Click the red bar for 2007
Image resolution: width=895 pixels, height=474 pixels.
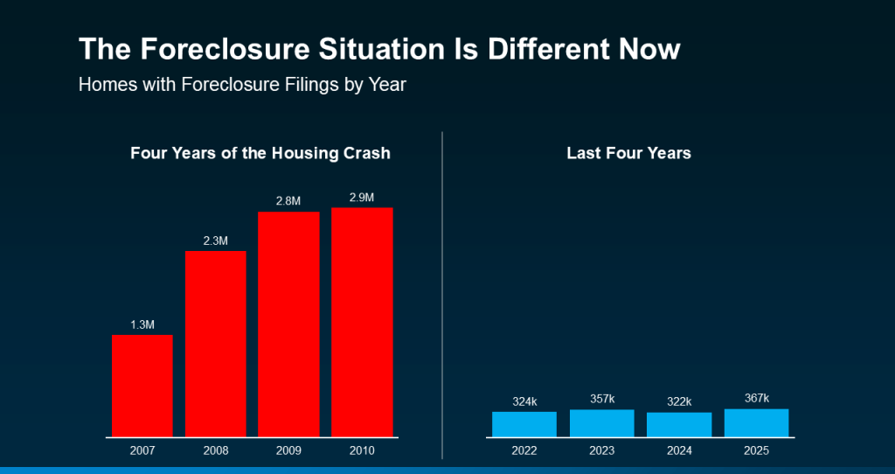(142, 385)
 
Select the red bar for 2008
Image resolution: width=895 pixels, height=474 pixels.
(215, 343)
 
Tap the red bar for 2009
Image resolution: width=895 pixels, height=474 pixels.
(288, 324)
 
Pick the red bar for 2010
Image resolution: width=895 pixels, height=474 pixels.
(362, 321)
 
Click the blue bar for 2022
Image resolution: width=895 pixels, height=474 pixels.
(524, 424)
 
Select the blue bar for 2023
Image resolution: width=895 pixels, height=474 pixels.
(601, 423)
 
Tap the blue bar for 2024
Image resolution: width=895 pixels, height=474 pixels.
(679, 424)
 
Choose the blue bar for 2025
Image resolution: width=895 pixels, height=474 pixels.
(756, 422)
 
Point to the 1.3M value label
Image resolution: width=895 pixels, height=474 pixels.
(142, 324)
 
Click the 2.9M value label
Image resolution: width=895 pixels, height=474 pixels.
(362, 198)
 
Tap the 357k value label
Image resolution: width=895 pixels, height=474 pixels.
(601, 400)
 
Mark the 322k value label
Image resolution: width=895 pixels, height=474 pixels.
(679, 402)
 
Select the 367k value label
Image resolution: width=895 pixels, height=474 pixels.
(756, 398)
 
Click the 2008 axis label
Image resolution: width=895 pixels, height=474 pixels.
(215, 450)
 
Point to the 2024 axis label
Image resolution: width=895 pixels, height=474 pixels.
(679, 450)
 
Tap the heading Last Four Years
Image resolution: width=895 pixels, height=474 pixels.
(628, 153)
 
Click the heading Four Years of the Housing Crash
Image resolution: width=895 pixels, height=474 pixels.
(260, 153)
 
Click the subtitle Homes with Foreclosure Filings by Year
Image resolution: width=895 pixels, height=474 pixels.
(242, 86)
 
